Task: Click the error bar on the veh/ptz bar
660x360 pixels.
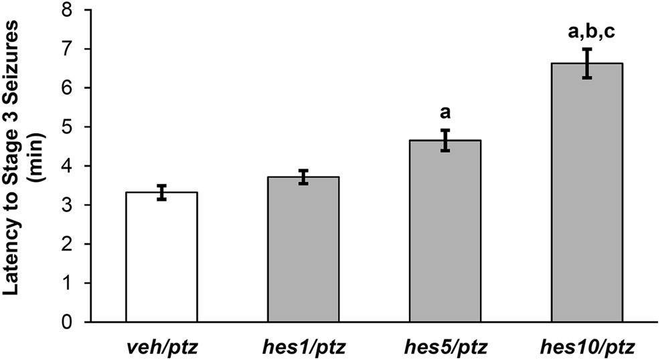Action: [161, 192]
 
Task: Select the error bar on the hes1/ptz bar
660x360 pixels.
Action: [303, 177]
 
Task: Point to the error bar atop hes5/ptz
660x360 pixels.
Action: [444, 141]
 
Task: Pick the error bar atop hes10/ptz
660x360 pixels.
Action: [586, 64]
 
